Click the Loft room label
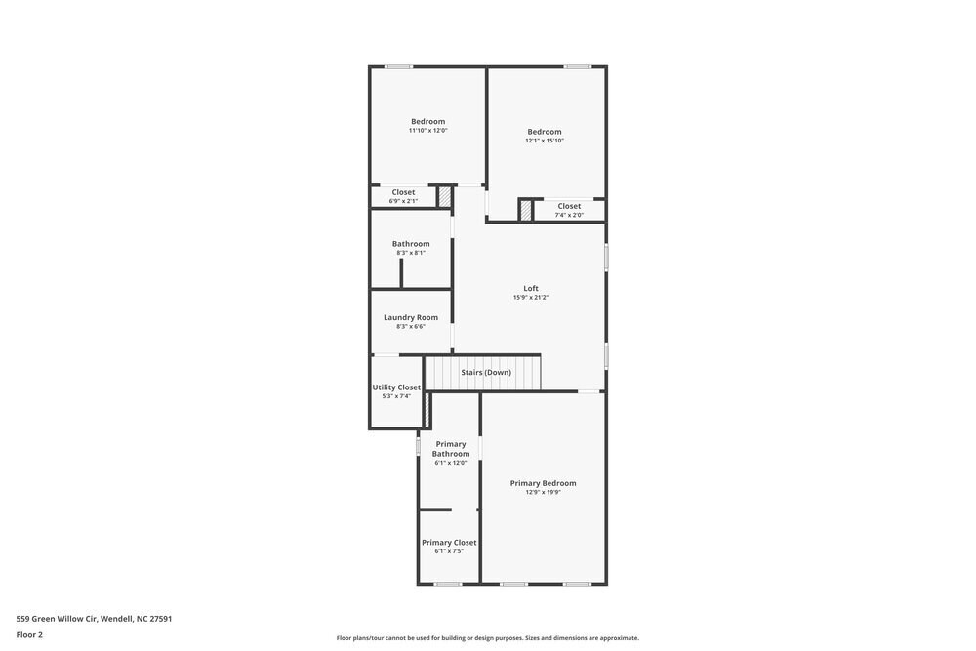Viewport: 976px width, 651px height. point(531,288)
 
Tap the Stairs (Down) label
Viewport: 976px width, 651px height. point(486,372)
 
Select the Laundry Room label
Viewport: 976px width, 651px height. point(411,317)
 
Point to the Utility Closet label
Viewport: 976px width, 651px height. point(396,387)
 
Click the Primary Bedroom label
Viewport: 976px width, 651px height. point(544,483)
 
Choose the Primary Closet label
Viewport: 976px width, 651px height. point(449,543)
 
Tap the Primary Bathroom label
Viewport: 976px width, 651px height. point(451,449)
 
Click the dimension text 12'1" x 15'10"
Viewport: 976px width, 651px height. point(545,141)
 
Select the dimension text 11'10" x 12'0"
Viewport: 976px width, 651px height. point(427,131)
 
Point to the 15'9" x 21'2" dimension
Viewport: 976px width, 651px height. point(531,298)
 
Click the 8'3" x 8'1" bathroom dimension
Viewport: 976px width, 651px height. point(411,253)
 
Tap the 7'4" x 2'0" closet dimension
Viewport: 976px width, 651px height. point(569,215)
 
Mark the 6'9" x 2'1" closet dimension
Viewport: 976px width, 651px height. point(403,201)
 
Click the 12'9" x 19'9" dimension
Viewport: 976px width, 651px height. point(544,493)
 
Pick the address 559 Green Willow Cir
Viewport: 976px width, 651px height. point(94,618)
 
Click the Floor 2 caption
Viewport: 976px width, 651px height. point(29,634)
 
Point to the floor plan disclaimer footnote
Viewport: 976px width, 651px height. point(488,638)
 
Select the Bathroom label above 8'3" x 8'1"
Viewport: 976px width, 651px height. point(411,244)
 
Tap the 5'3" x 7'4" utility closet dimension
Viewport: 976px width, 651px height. point(396,396)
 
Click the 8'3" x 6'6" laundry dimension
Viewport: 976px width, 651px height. point(411,326)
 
